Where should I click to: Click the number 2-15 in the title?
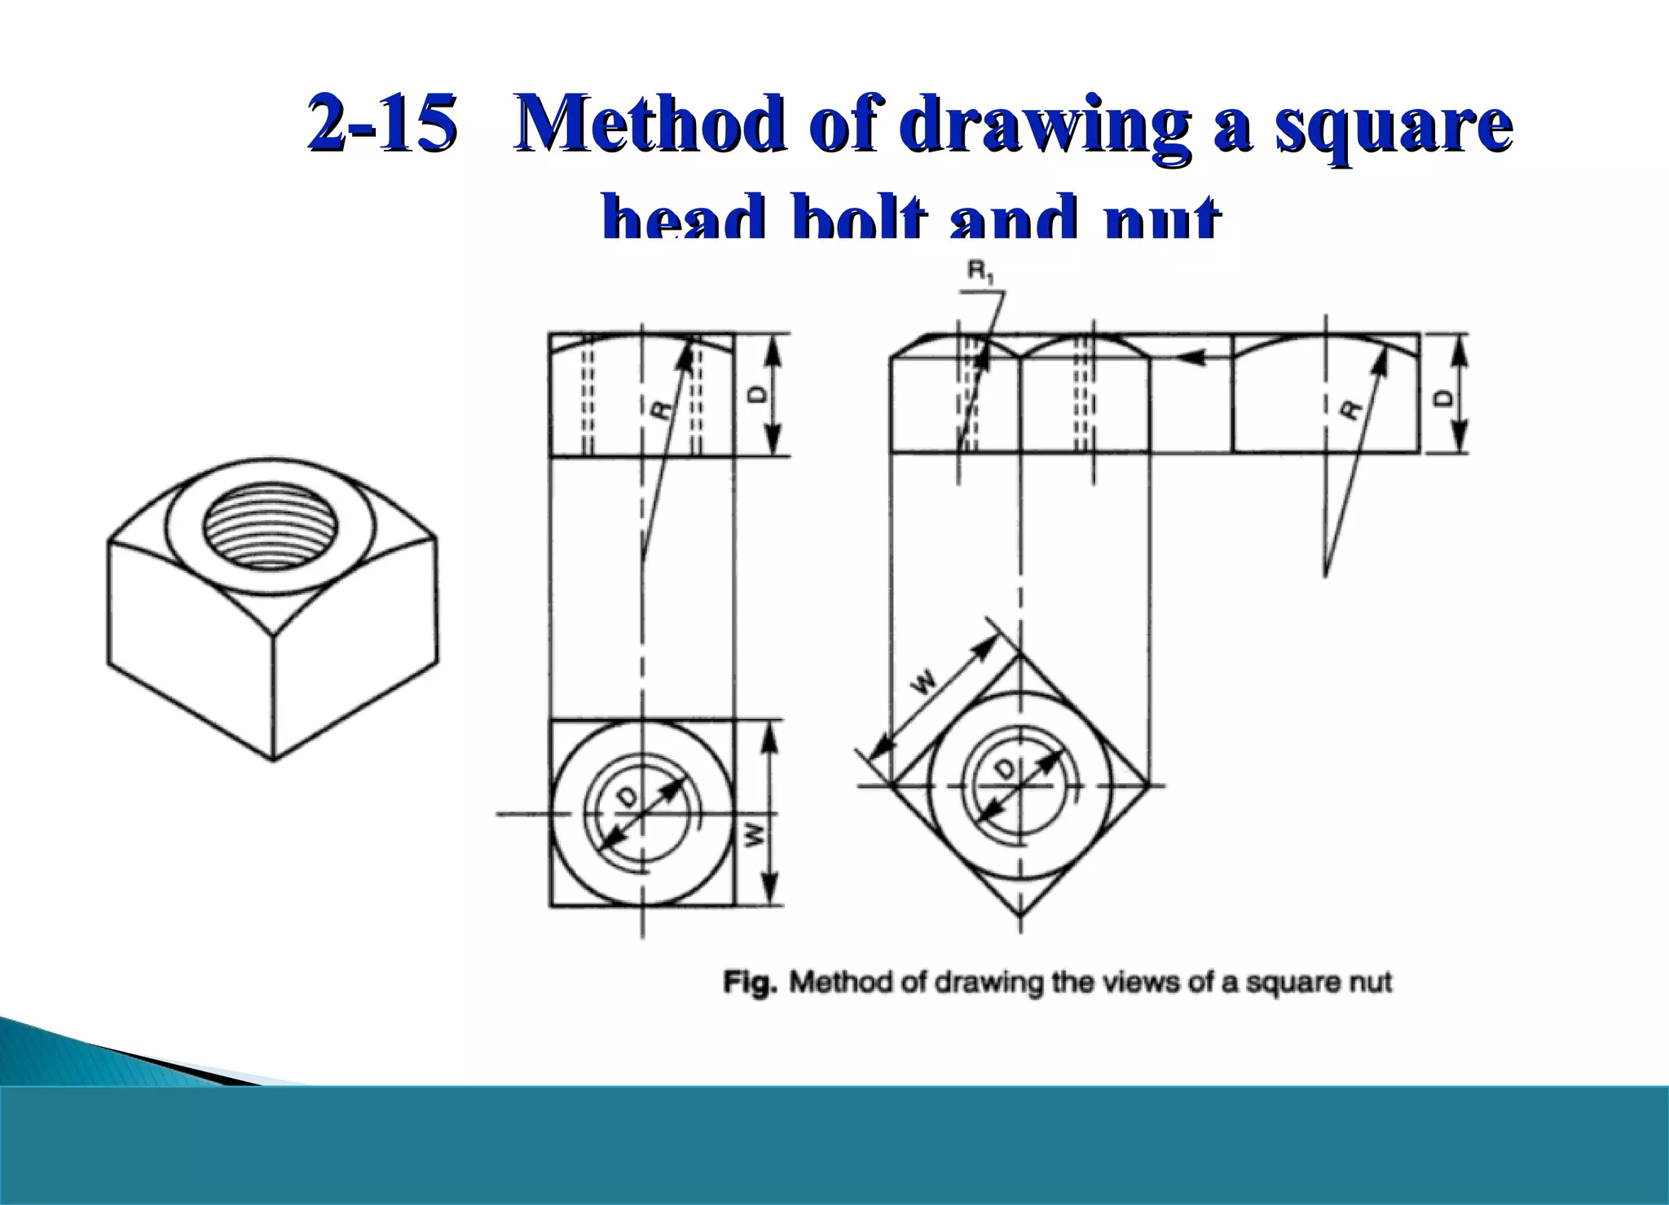pos(381,124)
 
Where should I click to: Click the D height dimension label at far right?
pos(1443,398)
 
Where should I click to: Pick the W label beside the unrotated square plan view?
pos(755,833)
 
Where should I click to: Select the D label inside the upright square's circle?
pos(628,799)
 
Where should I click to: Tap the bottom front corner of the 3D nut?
pos(273,759)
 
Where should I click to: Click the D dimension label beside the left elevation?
pos(757,395)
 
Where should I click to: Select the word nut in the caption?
pos(1371,983)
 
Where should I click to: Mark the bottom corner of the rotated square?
pos(1021,917)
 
